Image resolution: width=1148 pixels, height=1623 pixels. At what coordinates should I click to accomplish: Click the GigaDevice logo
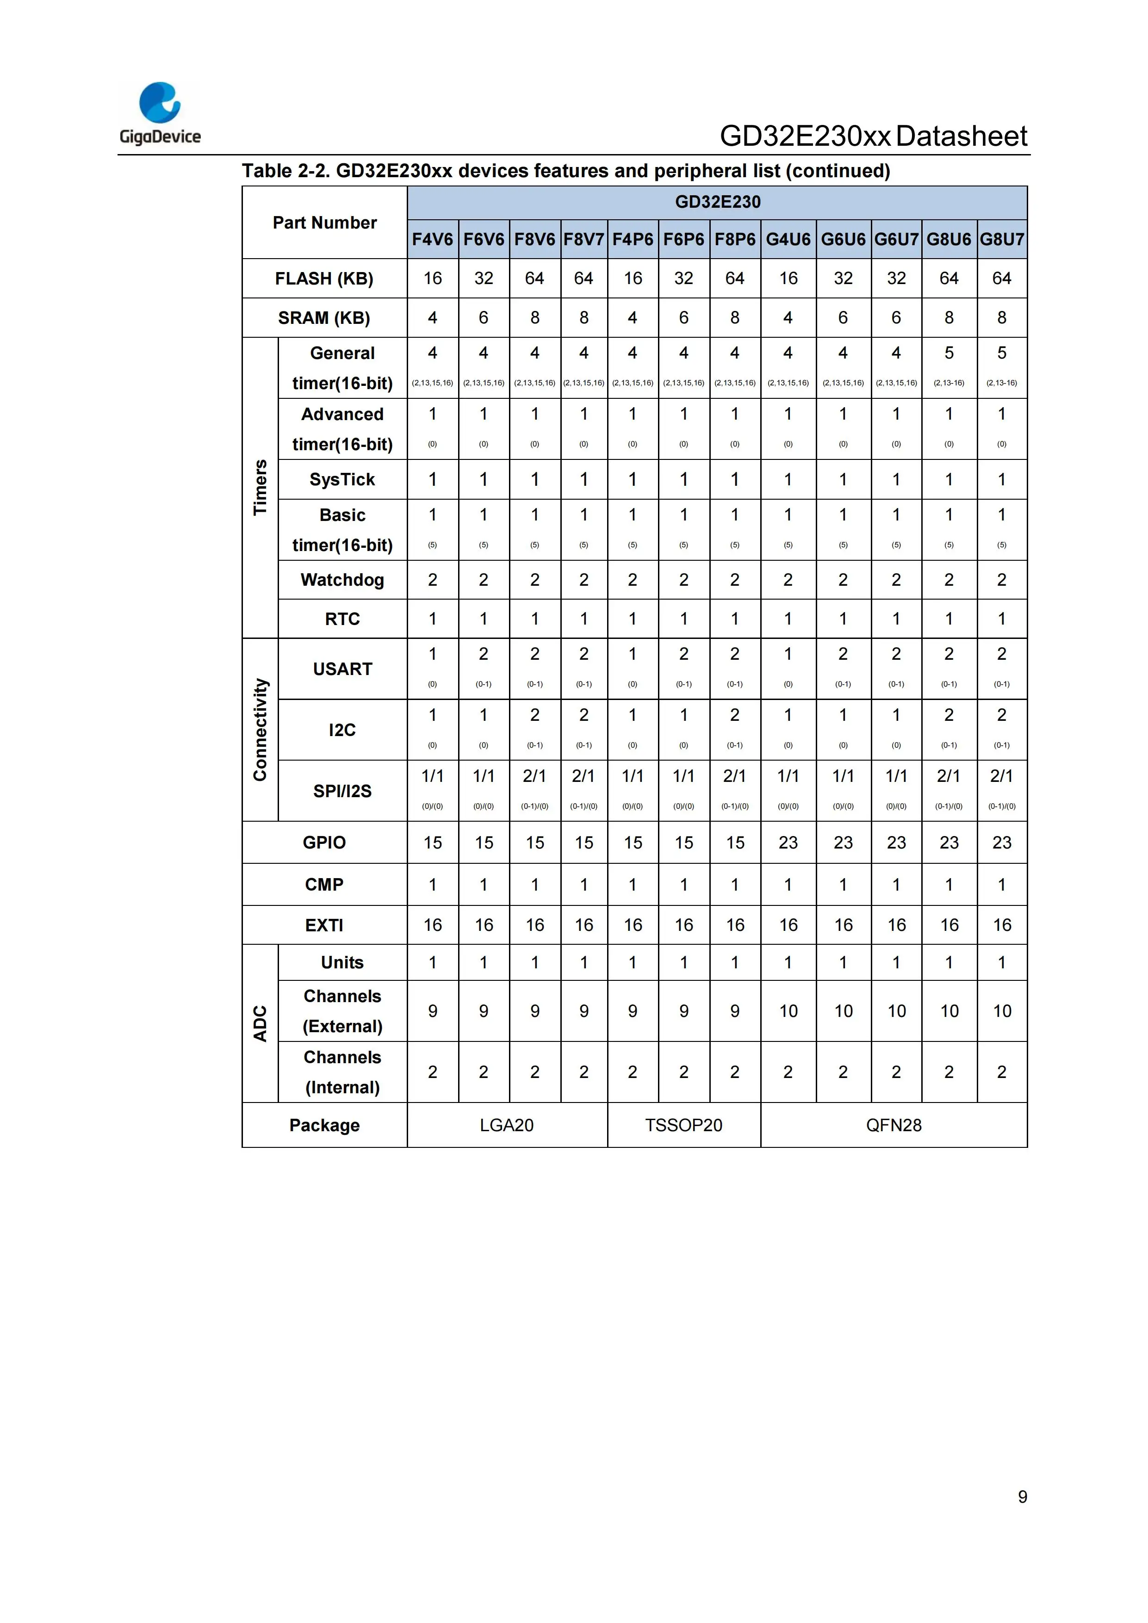coord(160,113)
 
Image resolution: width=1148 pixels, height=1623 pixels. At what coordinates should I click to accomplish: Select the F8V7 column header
coord(584,240)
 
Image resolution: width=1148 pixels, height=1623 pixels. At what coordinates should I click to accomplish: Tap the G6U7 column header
coord(896,240)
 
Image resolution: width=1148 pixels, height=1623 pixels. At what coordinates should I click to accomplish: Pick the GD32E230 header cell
coord(718,202)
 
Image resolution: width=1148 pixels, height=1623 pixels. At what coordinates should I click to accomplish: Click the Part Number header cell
coord(324,223)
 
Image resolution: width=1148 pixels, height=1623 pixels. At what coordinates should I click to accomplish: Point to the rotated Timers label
coord(260,487)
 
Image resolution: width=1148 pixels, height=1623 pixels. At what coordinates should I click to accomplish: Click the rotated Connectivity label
coord(260,730)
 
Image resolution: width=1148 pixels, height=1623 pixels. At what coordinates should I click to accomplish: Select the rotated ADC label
coord(260,1023)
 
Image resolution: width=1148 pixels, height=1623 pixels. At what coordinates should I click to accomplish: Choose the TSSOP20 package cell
coord(683,1125)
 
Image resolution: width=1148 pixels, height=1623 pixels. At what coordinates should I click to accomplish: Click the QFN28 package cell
coord(894,1125)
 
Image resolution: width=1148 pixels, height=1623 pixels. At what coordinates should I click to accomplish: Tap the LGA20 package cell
coord(507,1125)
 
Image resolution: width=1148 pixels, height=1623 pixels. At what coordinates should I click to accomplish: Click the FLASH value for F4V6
coord(433,279)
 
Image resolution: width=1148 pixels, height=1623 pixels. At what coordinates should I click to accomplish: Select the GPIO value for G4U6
coord(788,842)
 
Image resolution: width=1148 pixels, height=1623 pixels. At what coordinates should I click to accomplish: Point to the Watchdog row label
coord(342,580)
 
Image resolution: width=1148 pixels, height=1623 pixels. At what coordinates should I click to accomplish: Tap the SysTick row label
coord(342,479)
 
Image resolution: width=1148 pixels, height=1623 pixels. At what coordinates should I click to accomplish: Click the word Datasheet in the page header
coord(962,136)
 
